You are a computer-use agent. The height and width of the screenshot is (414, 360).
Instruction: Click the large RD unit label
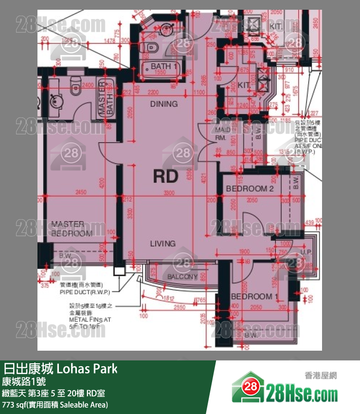pos(165,176)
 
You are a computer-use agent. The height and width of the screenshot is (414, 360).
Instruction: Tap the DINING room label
pos(163,104)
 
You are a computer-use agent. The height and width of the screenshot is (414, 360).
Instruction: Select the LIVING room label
pos(162,244)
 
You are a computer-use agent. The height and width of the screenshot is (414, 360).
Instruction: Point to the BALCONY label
pos(182,277)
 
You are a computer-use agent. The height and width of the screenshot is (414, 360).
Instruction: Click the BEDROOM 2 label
pos(250,188)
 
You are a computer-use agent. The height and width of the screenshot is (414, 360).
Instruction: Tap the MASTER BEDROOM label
pos(72,229)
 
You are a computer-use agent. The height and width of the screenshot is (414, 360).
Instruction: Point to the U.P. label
pos(306,252)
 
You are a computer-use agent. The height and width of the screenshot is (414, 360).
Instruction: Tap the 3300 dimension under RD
pos(169,193)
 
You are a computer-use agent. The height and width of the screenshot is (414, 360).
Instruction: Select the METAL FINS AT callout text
pos(90,320)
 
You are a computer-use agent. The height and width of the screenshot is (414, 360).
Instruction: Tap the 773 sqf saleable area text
pos(55,404)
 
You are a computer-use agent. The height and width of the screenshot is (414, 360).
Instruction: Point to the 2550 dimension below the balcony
pos(180,308)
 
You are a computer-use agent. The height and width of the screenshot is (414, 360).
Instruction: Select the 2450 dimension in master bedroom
pos(81,193)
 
